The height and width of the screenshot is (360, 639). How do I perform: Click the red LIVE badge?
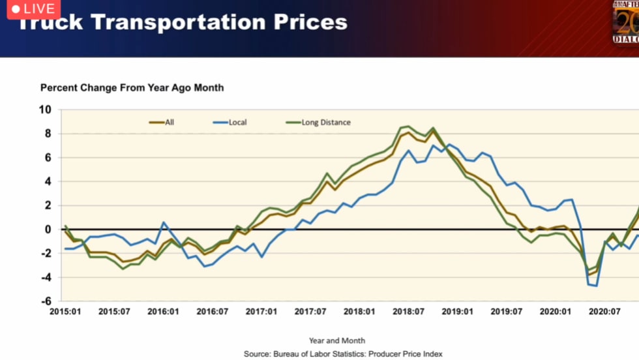33,9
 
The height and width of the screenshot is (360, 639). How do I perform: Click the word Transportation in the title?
178,22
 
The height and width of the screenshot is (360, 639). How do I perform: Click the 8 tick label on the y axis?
48,134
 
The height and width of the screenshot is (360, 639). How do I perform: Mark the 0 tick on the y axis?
48,230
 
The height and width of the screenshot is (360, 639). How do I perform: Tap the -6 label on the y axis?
45,301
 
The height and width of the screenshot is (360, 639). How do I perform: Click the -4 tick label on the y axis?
45,277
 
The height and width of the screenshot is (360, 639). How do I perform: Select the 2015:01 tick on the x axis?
65,312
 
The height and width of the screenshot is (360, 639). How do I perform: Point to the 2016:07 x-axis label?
213,312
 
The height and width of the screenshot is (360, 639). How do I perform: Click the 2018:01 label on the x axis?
360,312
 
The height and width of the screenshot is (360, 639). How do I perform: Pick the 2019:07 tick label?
507,312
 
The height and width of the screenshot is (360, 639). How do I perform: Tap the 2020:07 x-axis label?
605,312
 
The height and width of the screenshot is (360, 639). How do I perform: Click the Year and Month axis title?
337,340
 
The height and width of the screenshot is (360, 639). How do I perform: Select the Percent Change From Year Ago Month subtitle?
132,87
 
